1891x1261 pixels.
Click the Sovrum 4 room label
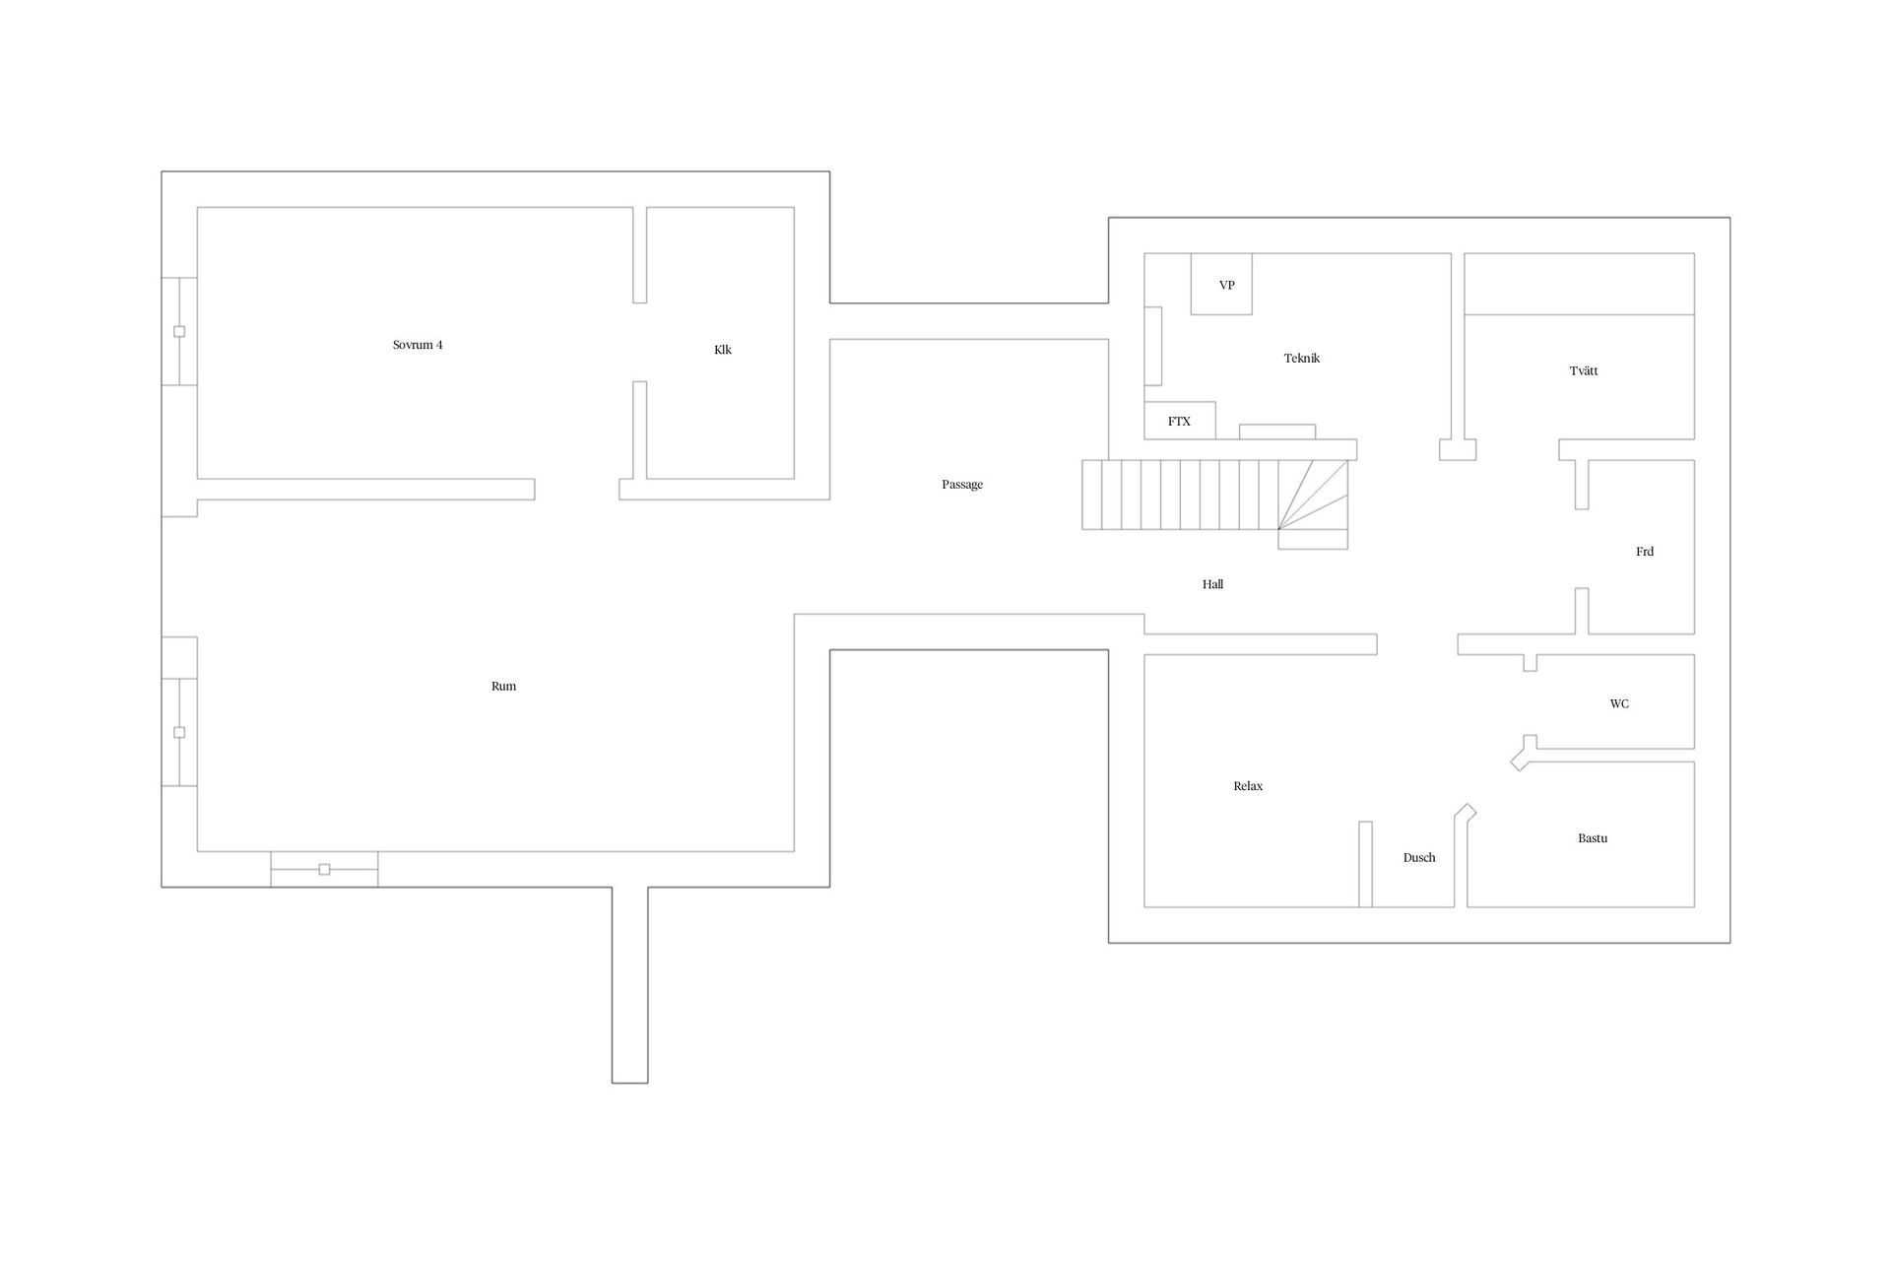pyautogui.click(x=418, y=345)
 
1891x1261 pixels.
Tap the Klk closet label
pyautogui.click(x=723, y=350)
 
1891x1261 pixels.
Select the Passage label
pyautogui.click(x=962, y=485)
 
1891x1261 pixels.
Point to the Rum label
pyautogui.click(x=503, y=687)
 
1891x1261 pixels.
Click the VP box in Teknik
pyautogui.click(x=1221, y=285)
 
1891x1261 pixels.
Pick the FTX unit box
pyautogui.click(x=1179, y=421)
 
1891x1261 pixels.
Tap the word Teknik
pyautogui.click(x=1301, y=359)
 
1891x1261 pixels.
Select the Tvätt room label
pyautogui.click(x=1584, y=371)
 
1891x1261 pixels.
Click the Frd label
pyautogui.click(x=1645, y=552)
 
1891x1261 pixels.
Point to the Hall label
pyautogui.click(x=1212, y=585)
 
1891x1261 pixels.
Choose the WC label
pyautogui.click(x=1619, y=703)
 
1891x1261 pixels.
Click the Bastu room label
pyautogui.click(x=1593, y=838)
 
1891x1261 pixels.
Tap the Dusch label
pyautogui.click(x=1418, y=858)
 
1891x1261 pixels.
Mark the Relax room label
pyautogui.click(x=1248, y=786)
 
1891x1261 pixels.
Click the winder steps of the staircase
pyautogui.click(x=1313, y=503)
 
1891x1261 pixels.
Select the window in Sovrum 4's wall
pyautogui.click(x=179, y=331)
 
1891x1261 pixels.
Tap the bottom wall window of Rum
pyautogui.click(x=324, y=869)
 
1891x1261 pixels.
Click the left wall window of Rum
pyautogui.click(x=179, y=732)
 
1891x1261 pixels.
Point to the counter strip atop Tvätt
pyautogui.click(x=1579, y=284)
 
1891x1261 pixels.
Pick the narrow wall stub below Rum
pyautogui.click(x=630, y=985)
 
